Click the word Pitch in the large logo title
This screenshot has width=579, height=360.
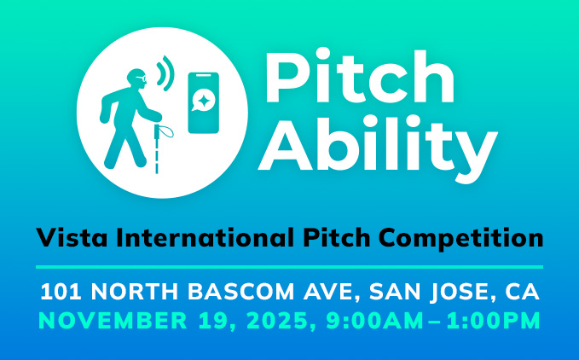[359, 76]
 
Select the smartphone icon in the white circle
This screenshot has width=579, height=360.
[204, 102]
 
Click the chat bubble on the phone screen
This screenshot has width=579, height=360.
[200, 101]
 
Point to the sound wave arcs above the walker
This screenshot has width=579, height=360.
[165, 73]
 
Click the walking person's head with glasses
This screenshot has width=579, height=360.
[136, 78]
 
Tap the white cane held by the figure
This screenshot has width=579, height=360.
[157, 148]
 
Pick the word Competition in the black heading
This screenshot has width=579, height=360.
[460, 238]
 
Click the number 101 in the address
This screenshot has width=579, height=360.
[61, 292]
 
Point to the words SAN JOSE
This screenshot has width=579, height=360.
[428, 292]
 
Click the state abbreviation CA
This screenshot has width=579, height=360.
[522, 292]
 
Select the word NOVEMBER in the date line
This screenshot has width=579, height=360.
[113, 321]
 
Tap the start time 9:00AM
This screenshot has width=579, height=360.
[374, 321]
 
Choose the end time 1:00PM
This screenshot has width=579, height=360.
[494, 321]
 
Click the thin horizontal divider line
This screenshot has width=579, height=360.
[290, 266]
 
